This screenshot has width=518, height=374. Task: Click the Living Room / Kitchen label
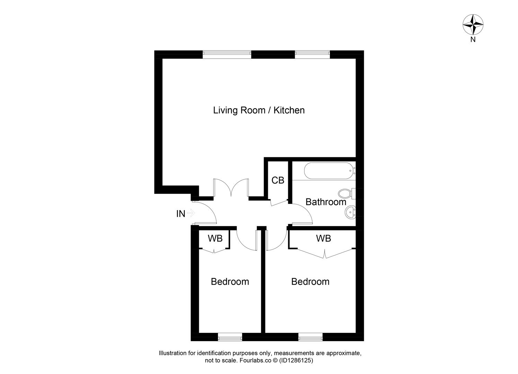coord(258,110)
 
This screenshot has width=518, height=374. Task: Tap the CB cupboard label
coord(278,180)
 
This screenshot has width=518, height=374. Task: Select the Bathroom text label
coord(326,202)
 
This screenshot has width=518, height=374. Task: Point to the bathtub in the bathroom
coord(330,171)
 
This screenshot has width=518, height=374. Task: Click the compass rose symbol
coord(473,24)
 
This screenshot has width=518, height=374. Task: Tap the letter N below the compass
coord(473,39)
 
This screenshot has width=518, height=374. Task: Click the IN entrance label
coord(181,214)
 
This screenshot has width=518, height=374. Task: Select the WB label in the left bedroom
coord(215,238)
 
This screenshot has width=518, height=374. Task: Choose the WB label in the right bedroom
coord(323,238)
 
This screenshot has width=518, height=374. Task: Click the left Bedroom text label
coord(230,282)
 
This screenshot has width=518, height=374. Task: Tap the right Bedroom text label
coord(310,282)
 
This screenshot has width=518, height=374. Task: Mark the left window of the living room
coord(227,53)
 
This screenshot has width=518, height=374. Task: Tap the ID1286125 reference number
coord(297,360)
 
